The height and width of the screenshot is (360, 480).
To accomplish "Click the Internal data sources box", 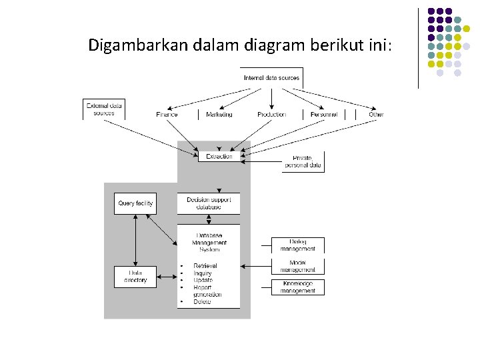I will (271, 78).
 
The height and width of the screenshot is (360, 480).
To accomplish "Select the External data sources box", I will (104, 109).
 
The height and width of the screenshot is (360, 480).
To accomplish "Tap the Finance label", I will (167, 115).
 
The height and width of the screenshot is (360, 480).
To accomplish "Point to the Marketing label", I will (219, 115).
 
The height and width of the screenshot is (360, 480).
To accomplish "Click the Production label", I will (271, 115).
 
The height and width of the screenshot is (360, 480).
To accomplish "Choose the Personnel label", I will (324, 115).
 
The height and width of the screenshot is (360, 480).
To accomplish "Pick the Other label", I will (377, 115).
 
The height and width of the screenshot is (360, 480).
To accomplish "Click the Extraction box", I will (219, 156).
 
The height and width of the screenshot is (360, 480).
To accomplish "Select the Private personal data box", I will (303, 161).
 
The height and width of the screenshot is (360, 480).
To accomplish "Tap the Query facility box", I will (135, 203).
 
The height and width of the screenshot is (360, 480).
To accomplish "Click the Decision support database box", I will (208, 203).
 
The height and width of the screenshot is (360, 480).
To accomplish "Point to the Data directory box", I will (135, 277).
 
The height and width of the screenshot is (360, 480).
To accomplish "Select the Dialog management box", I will (298, 245).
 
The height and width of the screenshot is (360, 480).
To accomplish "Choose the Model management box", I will (298, 266).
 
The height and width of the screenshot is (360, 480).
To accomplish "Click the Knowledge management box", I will (298, 287).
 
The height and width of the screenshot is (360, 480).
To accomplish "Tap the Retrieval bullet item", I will (205, 266).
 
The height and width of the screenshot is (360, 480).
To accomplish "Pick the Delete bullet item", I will (202, 302).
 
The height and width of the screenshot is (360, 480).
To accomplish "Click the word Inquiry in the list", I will (202, 273).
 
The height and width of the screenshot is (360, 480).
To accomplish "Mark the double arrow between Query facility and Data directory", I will (135, 240).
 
